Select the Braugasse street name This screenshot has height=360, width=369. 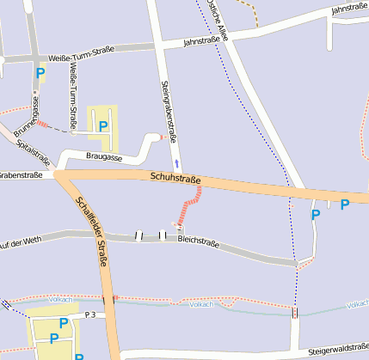tap(104, 157)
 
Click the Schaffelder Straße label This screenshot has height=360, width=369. tap(91, 231)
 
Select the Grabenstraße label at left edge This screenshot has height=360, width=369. tap(21, 175)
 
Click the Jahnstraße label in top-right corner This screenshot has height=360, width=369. tap(349, 9)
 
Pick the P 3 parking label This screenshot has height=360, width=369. tap(90, 315)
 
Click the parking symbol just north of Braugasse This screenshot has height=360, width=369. tap(103, 126)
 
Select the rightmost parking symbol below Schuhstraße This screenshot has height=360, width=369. tap(345, 204)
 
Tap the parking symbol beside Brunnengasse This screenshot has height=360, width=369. tap(41, 73)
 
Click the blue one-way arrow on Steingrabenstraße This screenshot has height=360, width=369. tap(177, 162)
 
